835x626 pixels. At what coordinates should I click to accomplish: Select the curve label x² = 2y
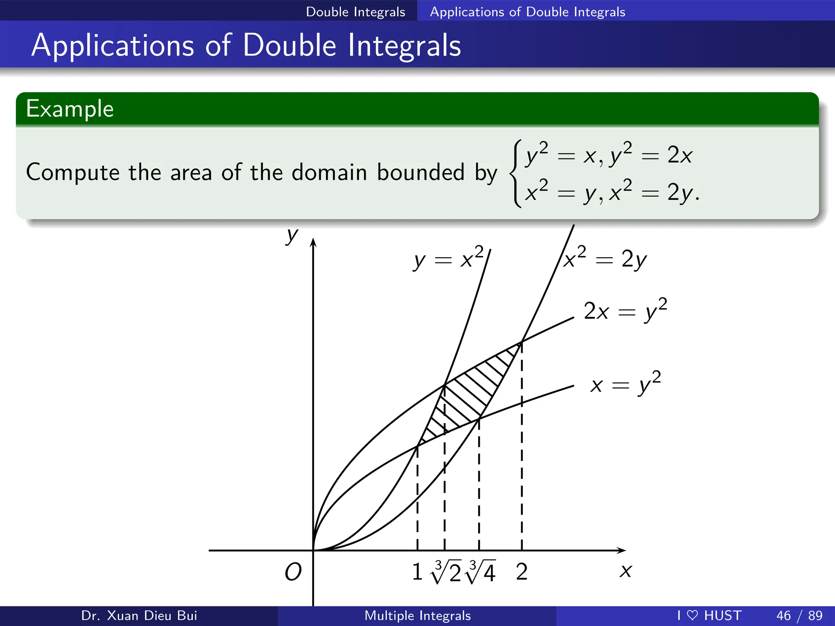pos(605,259)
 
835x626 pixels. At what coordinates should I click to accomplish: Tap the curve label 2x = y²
pos(625,311)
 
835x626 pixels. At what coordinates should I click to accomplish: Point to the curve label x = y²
pos(625,384)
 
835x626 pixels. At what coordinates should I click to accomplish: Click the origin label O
pos(293,572)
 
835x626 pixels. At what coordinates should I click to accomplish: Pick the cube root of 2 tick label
pos(446,572)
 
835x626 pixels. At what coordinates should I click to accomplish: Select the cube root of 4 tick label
pos(481,572)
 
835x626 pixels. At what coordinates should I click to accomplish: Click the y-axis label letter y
pos(292,236)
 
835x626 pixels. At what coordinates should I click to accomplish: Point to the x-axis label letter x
pos(625,571)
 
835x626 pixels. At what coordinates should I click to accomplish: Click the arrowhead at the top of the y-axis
pos(313,242)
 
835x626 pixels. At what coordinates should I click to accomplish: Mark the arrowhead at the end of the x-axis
pos(621,551)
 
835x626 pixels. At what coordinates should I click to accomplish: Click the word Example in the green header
pos(70,109)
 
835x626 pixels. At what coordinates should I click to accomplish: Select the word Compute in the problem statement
pos(73,172)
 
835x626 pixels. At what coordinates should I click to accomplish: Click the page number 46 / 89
pos(799,615)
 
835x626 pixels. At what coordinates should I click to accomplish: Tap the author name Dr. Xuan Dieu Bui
pos(139,615)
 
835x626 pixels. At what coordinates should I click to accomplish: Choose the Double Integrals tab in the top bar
pos(356,12)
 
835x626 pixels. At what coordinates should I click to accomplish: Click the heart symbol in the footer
pos(692,615)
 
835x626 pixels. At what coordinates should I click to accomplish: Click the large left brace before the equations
pos(516,174)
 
